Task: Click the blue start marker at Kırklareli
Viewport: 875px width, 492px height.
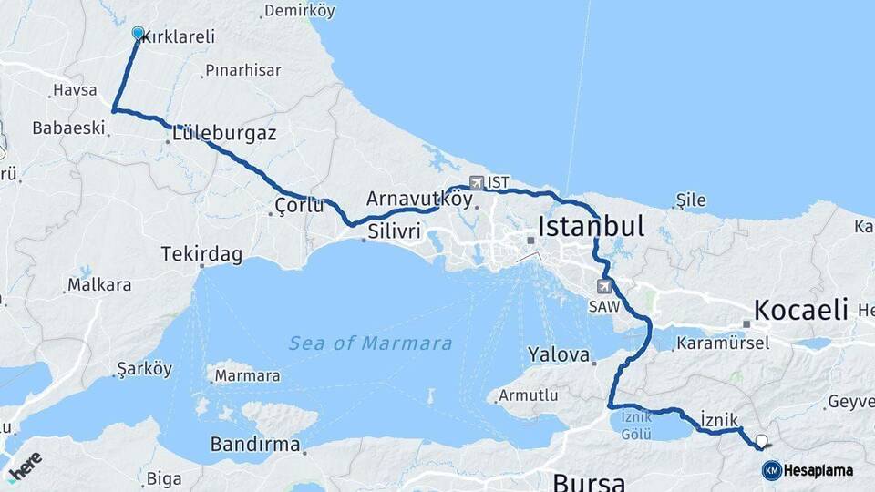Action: pos(138,34)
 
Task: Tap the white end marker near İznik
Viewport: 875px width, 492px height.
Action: pos(762,441)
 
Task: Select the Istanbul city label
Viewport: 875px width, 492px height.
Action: pos(592,225)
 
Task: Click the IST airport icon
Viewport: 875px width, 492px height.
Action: pos(476,182)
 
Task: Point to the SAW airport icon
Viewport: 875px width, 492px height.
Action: pos(603,285)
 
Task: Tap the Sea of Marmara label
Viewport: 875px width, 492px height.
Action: pos(370,343)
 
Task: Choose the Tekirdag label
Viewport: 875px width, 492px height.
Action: pos(201,254)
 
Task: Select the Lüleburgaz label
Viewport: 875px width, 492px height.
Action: pos(223,133)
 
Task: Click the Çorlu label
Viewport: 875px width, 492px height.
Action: pos(299,206)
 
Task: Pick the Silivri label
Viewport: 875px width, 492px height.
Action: pos(394,231)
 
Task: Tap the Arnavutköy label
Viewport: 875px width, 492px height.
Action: pos(419,198)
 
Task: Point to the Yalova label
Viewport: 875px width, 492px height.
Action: pos(559,354)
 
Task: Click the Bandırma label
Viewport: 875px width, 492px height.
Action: pos(255,445)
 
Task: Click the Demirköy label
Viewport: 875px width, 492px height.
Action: pos(299,12)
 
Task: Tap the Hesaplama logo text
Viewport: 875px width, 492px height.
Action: pos(818,470)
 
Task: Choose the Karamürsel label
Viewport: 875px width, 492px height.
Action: pos(729,343)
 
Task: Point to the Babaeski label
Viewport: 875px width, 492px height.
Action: pos(69,128)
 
